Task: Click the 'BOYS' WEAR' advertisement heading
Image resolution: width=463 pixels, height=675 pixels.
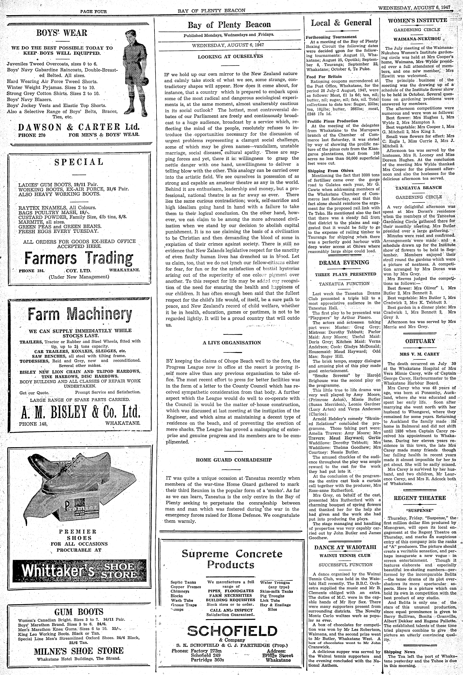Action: tap(62, 33)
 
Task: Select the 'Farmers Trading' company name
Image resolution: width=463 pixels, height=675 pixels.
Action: tap(79, 258)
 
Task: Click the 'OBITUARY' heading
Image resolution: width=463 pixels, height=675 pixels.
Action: tap(420, 341)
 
